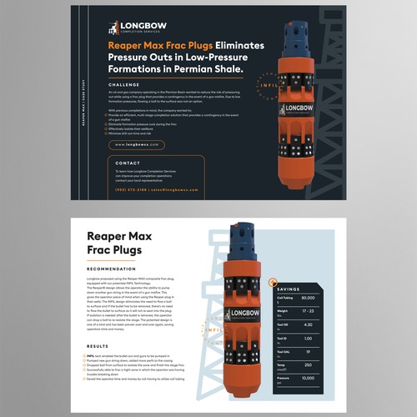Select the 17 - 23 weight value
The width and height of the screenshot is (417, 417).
coord(308,312)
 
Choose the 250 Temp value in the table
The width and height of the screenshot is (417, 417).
coord(308,364)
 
